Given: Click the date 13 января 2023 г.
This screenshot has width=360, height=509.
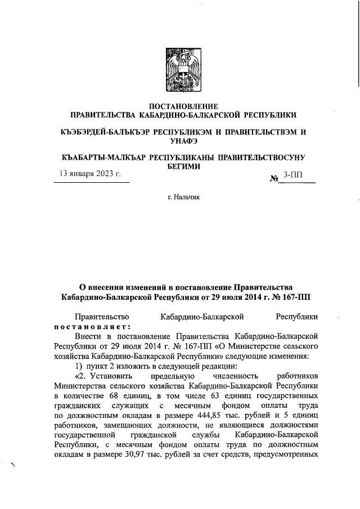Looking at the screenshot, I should [91, 175].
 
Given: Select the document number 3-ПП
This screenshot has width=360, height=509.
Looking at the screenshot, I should [293, 175].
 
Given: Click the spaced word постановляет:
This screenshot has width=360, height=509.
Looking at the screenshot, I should [93, 327].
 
